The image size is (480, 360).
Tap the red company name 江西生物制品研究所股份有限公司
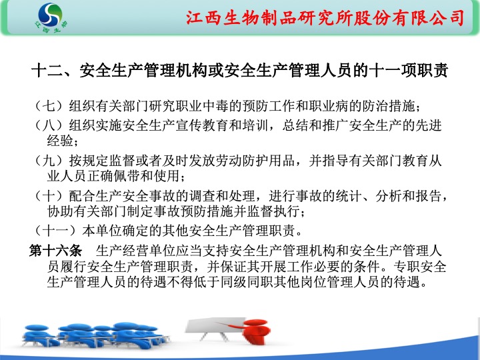click(325, 18)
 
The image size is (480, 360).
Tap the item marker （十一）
click(55, 231)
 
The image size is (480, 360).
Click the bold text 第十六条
click(56, 251)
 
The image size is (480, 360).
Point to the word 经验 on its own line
click(60, 141)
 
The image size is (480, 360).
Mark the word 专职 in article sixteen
click(406, 266)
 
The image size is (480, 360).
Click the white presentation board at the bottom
click(215, 326)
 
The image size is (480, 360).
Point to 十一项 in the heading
click(393, 71)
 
